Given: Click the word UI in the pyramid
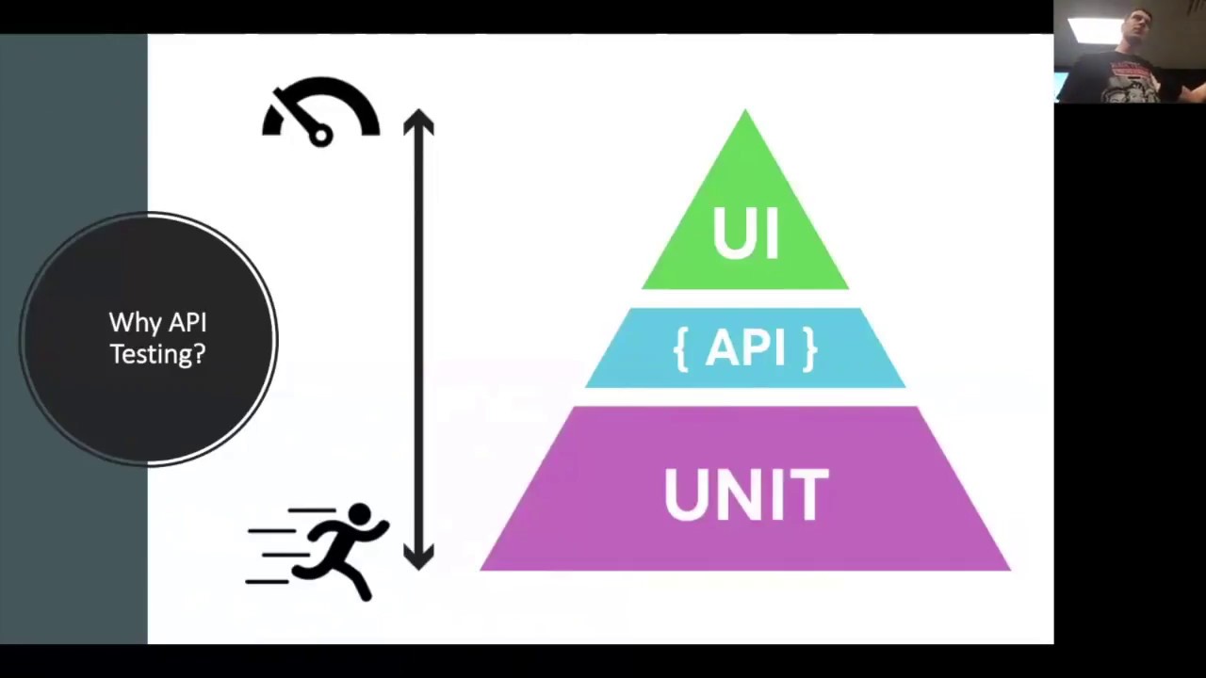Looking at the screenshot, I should pyautogui.click(x=745, y=233).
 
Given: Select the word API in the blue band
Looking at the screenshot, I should pyautogui.click(x=750, y=348).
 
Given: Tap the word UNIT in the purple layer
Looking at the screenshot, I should pyautogui.click(x=745, y=493).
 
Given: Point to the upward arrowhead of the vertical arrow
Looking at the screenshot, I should pyautogui.click(x=418, y=122).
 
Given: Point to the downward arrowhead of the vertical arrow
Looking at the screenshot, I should pyautogui.click(x=418, y=557).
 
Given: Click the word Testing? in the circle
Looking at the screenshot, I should pyautogui.click(x=157, y=354).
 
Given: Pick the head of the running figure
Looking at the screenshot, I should pyautogui.click(x=359, y=514).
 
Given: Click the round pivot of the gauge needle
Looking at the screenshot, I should pyautogui.click(x=320, y=136).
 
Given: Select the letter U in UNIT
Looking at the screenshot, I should pyautogui.click(x=682, y=493).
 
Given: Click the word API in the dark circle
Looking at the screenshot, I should pyautogui.click(x=188, y=323).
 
